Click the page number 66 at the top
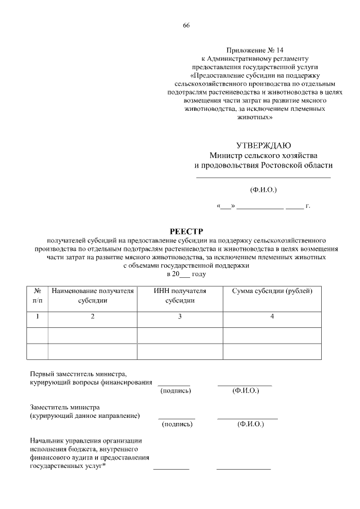tap(186, 26)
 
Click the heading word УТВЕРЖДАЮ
tap(264, 146)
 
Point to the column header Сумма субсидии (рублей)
tap(272, 291)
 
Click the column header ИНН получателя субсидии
tap(180, 295)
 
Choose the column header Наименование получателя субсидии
tap(93, 295)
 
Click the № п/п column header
tap(38, 295)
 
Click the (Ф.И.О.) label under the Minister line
tap(263, 189)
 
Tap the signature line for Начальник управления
tap(172, 469)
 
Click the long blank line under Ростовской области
tap(263, 178)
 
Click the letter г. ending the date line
tap(308, 206)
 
